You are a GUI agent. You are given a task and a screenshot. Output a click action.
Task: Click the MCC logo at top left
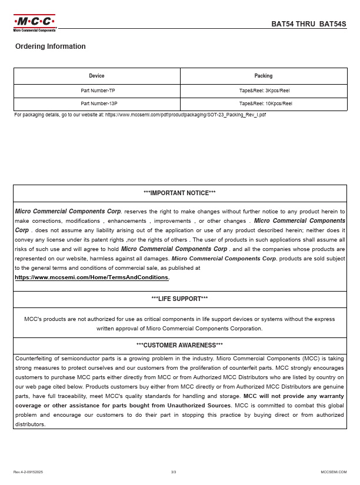[35, 23]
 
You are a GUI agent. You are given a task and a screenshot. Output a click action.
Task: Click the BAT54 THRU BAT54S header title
[309, 24]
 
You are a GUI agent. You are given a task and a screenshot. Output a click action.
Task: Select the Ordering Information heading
[51, 46]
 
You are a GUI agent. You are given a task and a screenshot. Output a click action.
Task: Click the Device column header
[96, 76]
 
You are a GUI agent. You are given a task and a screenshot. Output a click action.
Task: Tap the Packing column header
[264, 76]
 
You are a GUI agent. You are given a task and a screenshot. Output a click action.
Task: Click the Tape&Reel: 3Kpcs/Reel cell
[264, 91]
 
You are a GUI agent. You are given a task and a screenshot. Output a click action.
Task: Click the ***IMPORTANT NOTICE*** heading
[179, 193]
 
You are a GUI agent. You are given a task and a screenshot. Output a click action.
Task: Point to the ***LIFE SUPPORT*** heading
[179, 299]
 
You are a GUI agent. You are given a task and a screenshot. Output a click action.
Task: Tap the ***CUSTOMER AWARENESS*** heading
[179, 345]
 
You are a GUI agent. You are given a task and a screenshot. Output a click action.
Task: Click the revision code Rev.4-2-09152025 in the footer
[28, 472]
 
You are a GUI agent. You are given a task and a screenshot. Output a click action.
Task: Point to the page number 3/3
[174, 472]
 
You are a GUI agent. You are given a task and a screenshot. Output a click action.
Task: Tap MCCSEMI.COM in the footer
[334, 472]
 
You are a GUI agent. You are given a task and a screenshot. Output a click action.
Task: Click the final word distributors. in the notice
[30, 424]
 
